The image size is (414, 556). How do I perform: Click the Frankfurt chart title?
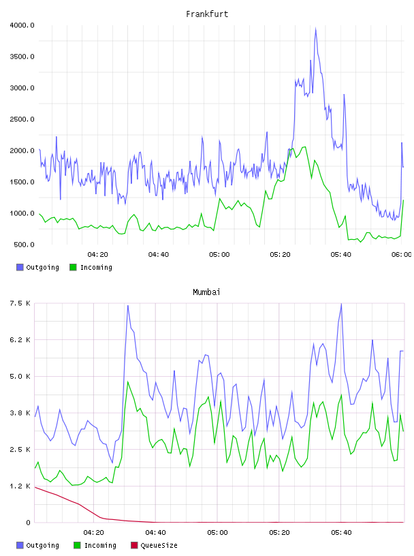(207, 14)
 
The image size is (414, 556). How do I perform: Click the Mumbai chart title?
(206, 292)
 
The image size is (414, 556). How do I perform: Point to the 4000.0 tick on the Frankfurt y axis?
(22, 25)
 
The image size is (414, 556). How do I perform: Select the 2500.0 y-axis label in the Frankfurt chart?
(22, 119)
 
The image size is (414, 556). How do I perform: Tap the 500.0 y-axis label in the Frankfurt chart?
(24, 245)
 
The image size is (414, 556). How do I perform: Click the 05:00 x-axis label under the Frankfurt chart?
(219, 254)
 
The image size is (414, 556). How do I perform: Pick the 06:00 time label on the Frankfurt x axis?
(402, 254)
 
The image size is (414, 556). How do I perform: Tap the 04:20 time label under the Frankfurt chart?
(98, 254)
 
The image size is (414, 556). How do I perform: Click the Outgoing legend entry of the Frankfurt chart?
(37, 267)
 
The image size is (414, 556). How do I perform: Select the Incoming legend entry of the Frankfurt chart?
(91, 267)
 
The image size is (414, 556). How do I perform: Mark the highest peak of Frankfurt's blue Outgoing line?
(315, 29)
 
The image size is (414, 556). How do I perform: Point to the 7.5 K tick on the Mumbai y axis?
(20, 303)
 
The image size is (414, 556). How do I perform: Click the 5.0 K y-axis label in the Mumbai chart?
(20, 376)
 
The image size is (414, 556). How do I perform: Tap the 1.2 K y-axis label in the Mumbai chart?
(20, 486)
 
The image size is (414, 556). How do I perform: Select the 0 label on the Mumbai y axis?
(28, 523)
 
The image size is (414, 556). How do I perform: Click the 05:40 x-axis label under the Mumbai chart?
(341, 532)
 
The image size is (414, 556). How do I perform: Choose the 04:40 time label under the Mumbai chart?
(155, 532)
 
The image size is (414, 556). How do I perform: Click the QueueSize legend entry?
(154, 545)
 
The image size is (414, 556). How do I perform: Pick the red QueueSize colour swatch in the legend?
(134, 545)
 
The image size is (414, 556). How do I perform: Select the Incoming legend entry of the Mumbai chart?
(95, 545)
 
